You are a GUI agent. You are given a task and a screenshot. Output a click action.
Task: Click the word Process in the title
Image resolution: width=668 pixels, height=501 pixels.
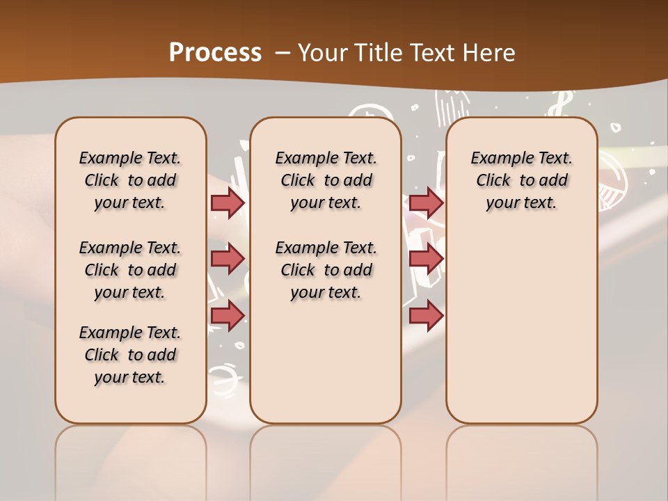(x=215, y=52)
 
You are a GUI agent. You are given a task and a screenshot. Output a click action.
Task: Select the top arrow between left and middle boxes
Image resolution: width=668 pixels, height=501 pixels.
(x=228, y=202)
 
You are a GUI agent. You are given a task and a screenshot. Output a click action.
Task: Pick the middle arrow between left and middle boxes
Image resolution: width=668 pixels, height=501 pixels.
(x=228, y=259)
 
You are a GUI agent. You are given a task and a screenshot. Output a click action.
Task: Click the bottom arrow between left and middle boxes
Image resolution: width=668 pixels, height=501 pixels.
(x=228, y=315)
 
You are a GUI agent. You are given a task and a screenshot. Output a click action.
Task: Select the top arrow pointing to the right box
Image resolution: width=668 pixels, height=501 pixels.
(x=426, y=202)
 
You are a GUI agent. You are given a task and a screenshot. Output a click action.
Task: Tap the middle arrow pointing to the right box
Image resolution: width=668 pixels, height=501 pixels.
(x=426, y=259)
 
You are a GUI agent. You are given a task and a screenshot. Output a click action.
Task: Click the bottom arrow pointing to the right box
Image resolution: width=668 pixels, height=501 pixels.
(x=426, y=315)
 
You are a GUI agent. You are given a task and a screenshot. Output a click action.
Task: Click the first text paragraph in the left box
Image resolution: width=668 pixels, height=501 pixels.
(x=130, y=180)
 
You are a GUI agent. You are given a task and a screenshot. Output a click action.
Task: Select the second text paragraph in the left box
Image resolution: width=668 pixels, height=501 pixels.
(x=130, y=270)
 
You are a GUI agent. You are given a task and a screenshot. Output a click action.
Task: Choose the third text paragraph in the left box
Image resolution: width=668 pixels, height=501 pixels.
(x=130, y=355)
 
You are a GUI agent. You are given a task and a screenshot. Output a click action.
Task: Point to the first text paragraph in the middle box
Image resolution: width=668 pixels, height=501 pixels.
(x=326, y=180)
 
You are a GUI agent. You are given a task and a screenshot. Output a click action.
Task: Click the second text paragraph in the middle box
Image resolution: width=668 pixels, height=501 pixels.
(x=326, y=270)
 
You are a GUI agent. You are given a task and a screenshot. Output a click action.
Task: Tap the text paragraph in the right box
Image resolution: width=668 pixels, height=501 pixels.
(x=521, y=180)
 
